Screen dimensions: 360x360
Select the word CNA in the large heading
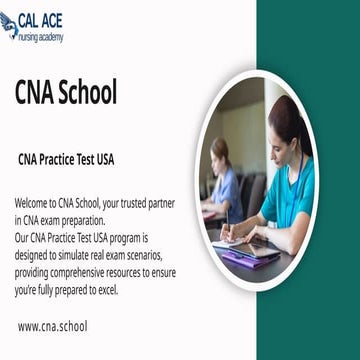(x=39, y=93)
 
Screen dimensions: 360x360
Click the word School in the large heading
(x=91, y=93)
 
